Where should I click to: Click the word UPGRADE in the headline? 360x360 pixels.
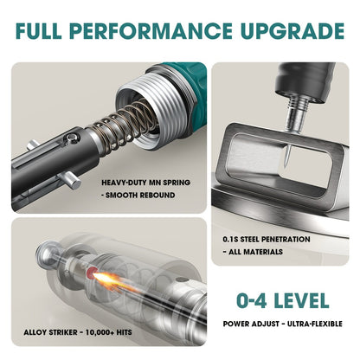292,30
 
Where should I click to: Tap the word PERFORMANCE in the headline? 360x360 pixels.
151,30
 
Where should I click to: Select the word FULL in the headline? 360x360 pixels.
38,30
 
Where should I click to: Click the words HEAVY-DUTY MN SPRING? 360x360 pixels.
145,183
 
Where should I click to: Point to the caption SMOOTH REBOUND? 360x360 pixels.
140,196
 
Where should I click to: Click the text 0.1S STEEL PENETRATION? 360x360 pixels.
267,240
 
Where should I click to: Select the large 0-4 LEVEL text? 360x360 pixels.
282,300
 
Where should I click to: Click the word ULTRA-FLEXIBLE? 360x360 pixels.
315,324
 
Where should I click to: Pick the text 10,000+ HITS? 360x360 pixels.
112,332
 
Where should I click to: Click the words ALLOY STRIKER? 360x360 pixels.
50,332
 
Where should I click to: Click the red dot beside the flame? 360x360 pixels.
92,273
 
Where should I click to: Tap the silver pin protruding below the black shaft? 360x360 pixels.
69,179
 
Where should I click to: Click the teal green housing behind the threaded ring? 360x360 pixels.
189,87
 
